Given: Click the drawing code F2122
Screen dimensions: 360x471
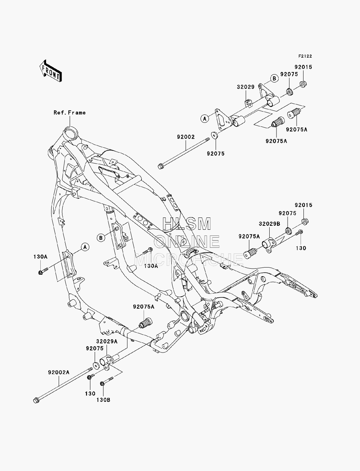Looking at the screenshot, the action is pos(305,56).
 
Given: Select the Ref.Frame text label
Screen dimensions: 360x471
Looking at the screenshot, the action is pos(69,113).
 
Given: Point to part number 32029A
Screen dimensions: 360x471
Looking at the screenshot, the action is pos(107,341).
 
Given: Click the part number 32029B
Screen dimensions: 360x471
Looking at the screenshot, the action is pos(270,224).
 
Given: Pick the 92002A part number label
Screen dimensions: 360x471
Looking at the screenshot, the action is pos(59,372).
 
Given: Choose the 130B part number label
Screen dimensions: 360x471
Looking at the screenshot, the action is pos(103,400).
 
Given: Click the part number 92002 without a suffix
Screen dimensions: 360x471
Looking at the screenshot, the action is pos(186,137).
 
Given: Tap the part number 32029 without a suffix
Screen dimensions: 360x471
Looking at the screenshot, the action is pos(246,87).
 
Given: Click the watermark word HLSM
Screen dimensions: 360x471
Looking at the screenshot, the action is pos(186,224).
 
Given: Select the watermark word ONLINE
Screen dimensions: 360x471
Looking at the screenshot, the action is pos(186,241).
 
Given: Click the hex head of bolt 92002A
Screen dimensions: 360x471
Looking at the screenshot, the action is pos(36,400).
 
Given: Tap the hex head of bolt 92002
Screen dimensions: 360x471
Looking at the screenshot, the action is pos(160,166).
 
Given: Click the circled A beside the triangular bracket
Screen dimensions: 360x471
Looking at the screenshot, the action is pos(205,118).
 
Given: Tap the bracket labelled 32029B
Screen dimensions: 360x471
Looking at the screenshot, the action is pos(269,245).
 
